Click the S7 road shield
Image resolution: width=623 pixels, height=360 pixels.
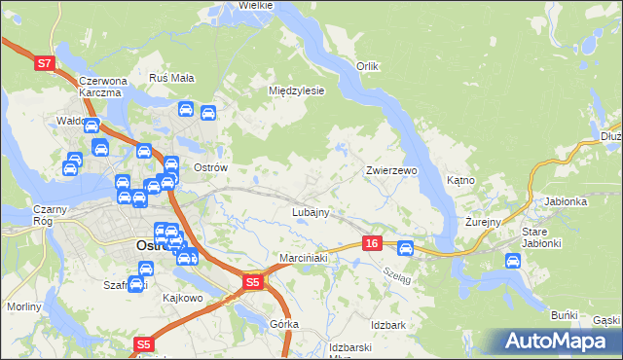tap(43, 64)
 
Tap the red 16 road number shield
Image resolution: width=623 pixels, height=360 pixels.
tap(372, 243)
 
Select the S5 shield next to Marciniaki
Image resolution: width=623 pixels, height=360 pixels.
tap(252, 282)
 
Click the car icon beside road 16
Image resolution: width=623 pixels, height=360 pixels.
tap(406, 248)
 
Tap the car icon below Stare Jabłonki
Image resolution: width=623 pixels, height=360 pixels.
tap(512, 260)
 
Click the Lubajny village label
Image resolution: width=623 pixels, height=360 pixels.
tap(311, 211)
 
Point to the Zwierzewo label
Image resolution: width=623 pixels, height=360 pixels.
tap(391, 170)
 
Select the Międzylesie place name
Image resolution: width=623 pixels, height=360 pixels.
tap(296, 90)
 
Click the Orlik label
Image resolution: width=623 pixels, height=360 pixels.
tap(366, 66)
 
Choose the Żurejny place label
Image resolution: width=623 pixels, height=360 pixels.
tap(482, 222)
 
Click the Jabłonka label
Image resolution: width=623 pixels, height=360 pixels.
tap(566, 201)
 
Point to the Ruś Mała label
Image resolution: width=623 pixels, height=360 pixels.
tap(171, 77)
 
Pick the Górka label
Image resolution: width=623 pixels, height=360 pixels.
tap(285, 323)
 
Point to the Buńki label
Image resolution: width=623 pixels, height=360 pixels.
tap(565, 315)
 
